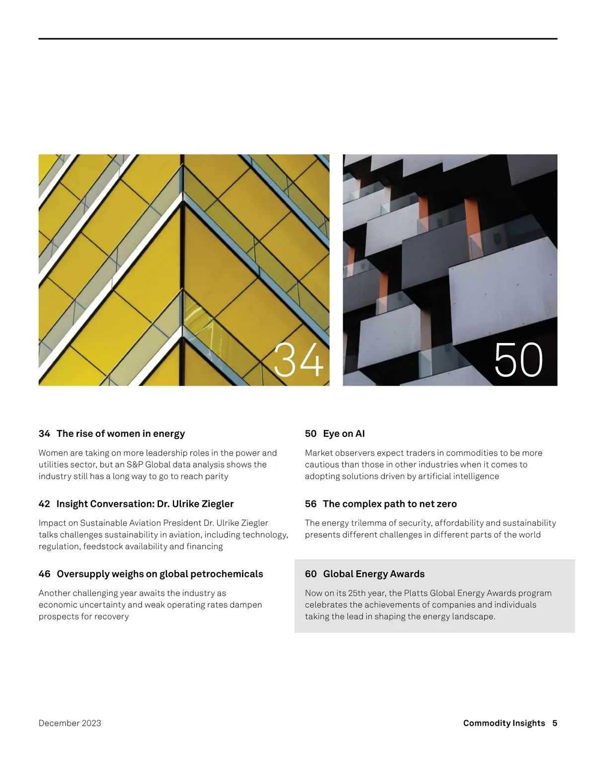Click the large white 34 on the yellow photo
[298, 360]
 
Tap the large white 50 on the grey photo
[519, 360]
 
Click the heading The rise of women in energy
[121, 433]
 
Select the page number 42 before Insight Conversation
[44, 504]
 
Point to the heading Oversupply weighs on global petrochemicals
[160, 574]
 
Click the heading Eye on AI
[344, 433]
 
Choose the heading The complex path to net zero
[390, 504]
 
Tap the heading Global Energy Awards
[374, 574]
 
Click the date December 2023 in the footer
[70, 723]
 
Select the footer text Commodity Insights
[504, 723]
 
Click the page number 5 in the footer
[555, 723]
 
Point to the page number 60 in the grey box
[311, 574]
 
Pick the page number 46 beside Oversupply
[44, 574]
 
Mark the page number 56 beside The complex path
[311, 504]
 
